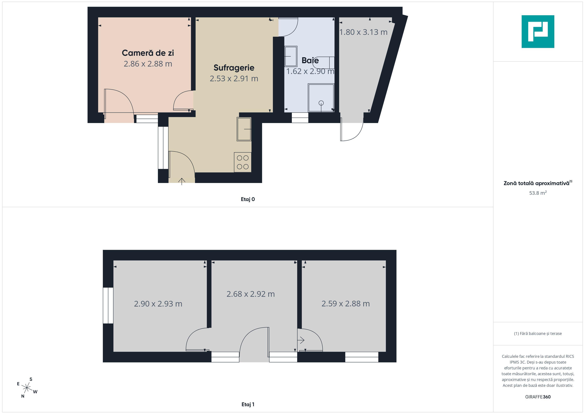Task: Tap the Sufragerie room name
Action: (x=234, y=68)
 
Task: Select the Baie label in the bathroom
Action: (x=310, y=60)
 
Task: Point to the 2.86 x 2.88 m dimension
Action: (x=148, y=64)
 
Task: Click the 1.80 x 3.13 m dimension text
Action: (x=363, y=32)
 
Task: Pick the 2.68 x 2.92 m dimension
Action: (x=250, y=294)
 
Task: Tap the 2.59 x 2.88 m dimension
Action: (x=346, y=304)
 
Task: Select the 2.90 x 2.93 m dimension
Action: (x=158, y=304)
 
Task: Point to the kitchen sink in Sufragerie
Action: (x=244, y=129)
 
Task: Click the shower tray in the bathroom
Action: (x=321, y=98)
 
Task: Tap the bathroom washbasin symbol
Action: (x=291, y=56)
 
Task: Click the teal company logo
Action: (x=538, y=32)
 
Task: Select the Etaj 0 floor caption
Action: (x=248, y=199)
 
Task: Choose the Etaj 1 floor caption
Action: (x=248, y=404)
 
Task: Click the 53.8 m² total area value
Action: (x=538, y=193)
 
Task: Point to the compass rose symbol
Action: (x=27, y=388)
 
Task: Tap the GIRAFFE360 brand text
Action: (x=538, y=397)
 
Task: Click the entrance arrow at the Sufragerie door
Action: (x=182, y=181)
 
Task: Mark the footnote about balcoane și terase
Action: (x=538, y=333)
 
